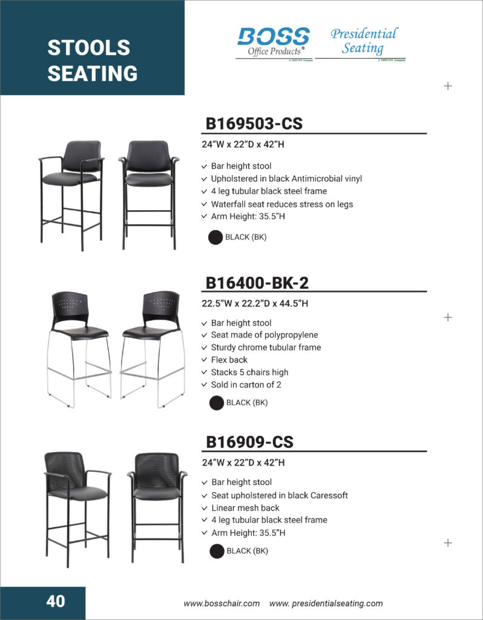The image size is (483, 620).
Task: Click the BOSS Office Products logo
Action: click(274, 42)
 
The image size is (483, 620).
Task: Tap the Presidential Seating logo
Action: click(363, 41)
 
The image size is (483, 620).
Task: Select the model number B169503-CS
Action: click(254, 124)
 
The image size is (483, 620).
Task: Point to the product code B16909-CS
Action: click(249, 442)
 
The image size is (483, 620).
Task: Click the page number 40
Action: click(56, 601)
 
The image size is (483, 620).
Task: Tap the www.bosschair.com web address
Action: click(222, 603)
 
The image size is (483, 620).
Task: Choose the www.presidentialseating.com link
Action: click(326, 603)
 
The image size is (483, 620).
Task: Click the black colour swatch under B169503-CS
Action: click(215, 237)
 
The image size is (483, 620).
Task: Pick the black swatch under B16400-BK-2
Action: click(217, 403)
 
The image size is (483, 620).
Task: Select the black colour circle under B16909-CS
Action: click(217, 551)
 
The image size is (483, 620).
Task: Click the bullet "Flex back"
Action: click(229, 360)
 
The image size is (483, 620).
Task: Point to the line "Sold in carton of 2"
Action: click(246, 384)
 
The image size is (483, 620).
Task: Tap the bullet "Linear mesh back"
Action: click(245, 507)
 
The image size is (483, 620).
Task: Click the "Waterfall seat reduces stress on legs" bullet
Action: click(281, 204)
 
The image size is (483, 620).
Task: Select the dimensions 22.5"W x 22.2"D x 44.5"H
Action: click(255, 303)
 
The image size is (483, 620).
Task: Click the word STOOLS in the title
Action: click(89, 48)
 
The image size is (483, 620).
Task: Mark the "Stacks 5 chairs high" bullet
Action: click(249, 372)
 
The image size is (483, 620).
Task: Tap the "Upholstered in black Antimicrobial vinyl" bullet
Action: click(286, 179)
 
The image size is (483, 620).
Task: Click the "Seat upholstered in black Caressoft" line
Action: click(279, 495)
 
